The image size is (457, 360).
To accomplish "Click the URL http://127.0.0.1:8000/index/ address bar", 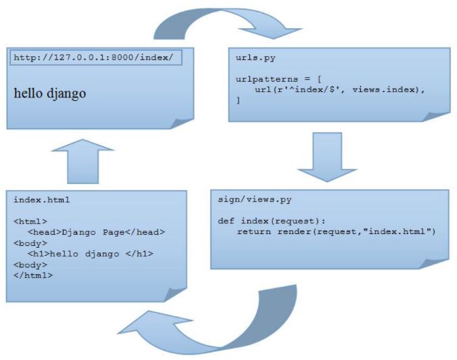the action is pyautogui.click(x=96, y=58).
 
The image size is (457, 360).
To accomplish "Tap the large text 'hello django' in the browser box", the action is pyautogui.click(x=50, y=93).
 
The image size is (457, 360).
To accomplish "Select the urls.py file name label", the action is pyautogui.click(x=256, y=58).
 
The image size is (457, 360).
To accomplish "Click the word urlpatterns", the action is pyautogui.click(x=266, y=79).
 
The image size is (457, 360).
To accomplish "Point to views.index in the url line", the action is pyautogui.click(x=386, y=89).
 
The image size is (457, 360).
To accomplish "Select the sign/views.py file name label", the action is pyautogui.click(x=254, y=200).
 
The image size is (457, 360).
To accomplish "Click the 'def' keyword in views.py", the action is pyautogui.click(x=226, y=221).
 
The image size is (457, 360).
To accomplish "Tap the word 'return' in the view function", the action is pyautogui.click(x=254, y=231).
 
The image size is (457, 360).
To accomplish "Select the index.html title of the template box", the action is pyautogui.click(x=42, y=200).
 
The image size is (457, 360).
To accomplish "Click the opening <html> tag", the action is pyautogui.click(x=30, y=221).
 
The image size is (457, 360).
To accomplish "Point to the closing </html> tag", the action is pyautogui.click(x=33, y=275).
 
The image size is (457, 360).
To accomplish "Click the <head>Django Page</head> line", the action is pyautogui.click(x=97, y=232).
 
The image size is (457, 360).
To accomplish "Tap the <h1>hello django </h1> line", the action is pyautogui.click(x=91, y=254).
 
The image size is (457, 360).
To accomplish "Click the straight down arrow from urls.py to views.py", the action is pyautogui.click(x=327, y=157).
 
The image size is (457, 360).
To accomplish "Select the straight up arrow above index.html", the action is pyautogui.click(x=82, y=161).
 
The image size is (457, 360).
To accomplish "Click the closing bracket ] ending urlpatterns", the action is pyautogui.click(x=238, y=100).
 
